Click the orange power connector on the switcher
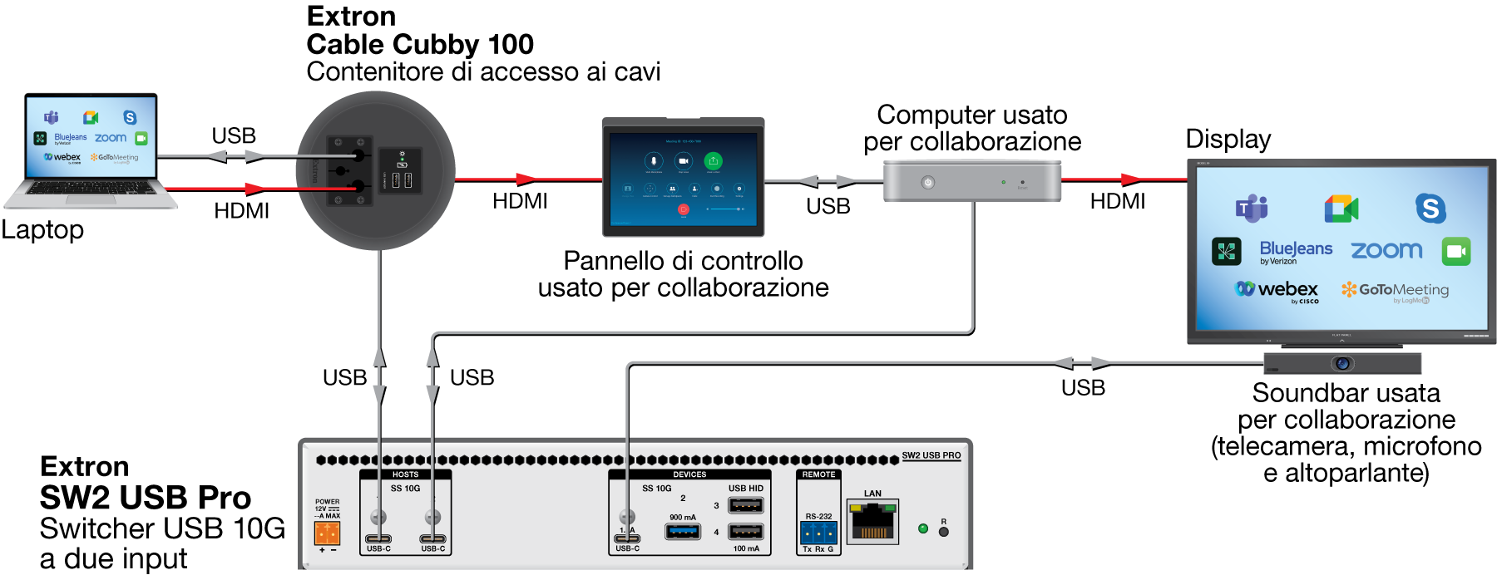pyautogui.click(x=327, y=533)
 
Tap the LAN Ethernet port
pyautogui.click(x=872, y=523)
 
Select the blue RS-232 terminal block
pyautogui.click(x=818, y=532)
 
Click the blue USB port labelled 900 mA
pyautogui.click(x=683, y=531)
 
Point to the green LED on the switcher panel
pyautogui.click(x=922, y=528)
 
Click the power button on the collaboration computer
pyautogui.click(x=928, y=183)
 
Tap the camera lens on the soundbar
pyautogui.click(x=1342, y=364)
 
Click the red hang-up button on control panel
pyautogui.click(x=684, y=209)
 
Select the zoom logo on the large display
pyautogui.click(x=1386, y=250)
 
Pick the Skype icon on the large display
pyautogui.click(x=1430, y=208)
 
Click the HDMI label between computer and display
pyautogui.click(x=1117, y=201)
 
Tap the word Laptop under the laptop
pyautogui.click(x=42, y=229)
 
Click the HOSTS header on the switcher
pyautogui.click(x=405, y=474)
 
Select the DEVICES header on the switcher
pyautogui.click(x=689, y=474)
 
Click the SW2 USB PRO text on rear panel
pyautogui.click(x=931, y=455)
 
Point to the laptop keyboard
pyautogui.click(x=89, y=189)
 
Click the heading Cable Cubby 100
pyautogui.click(x=420, y=44)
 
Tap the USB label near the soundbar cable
pyautogui.click(x=1083, y=387)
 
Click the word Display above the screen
pyautogui.click(x=1228, y=139)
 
